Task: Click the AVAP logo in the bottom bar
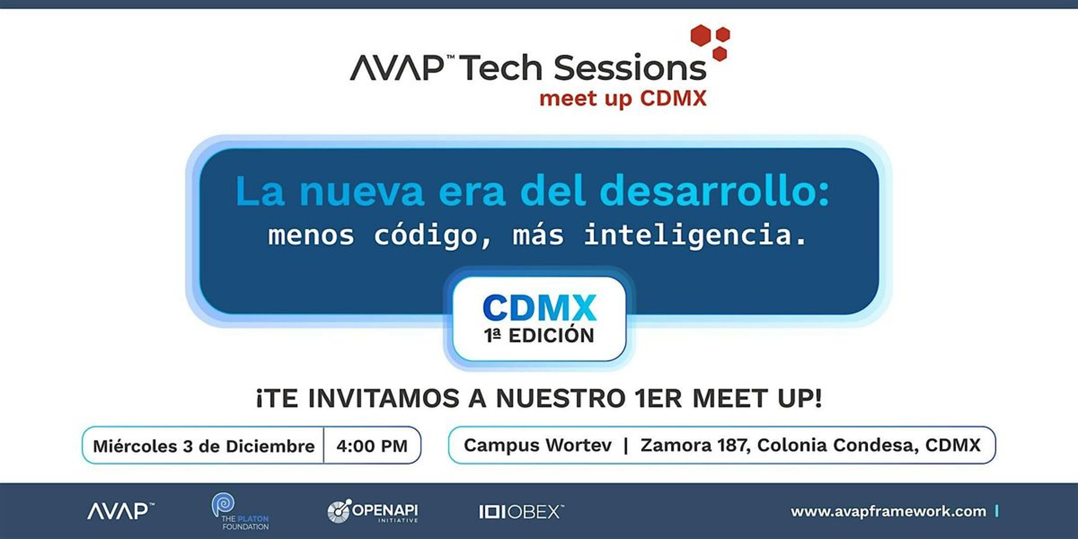(x=120, y=511)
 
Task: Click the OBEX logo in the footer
(x=521, y=511)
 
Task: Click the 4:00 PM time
(x=372, y=446)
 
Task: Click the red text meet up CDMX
(x=623, y=99)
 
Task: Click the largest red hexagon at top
(x=700, y=35)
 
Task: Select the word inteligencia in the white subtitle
(x=695, y=235)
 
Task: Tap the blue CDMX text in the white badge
(x=539, y=308)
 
